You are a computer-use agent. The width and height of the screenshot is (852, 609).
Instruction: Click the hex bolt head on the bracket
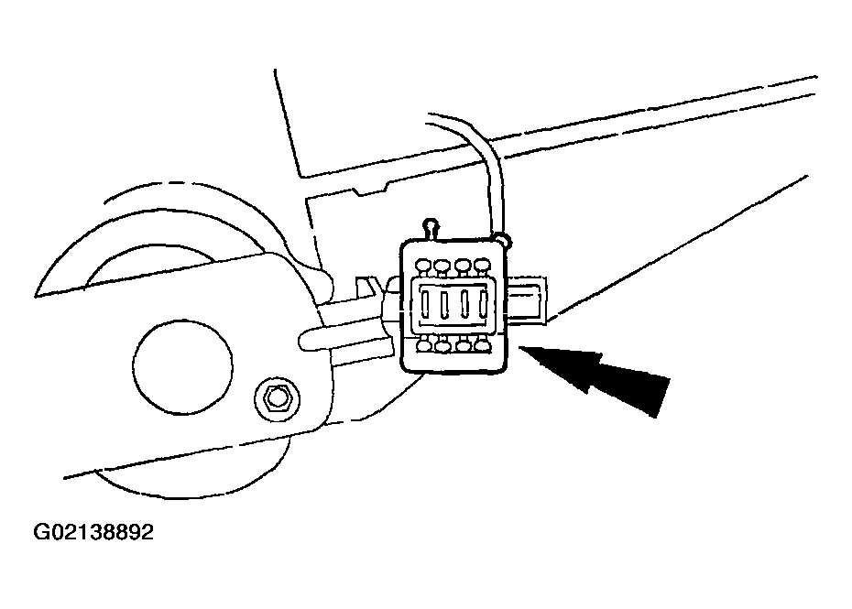click(276, 399)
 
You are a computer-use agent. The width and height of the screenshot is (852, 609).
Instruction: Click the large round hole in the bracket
click(182, 366)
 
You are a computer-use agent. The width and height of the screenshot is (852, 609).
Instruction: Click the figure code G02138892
click(93, 532)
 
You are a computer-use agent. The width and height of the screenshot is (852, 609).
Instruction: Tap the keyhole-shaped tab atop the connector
click(431, 228)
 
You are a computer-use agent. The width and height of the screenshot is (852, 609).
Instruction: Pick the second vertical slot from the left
click(444, 306)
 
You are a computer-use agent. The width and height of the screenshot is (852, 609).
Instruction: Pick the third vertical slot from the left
click(464, 305)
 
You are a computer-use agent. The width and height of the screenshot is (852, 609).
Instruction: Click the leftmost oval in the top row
click(422, 266)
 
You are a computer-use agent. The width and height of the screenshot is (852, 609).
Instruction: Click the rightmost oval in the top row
click(482, 265)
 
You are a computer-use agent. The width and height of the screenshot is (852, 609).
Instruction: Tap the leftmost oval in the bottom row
click(424, 344)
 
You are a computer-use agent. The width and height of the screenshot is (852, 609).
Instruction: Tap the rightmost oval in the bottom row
click(482, 344)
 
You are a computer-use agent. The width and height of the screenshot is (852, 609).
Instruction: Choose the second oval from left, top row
click(442, 266)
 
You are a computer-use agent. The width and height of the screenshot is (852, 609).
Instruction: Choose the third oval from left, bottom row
click(463, 345)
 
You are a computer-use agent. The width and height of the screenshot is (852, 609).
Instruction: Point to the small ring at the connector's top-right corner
click(503, 240)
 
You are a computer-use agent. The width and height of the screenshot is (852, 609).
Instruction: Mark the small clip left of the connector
click(367, 288)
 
